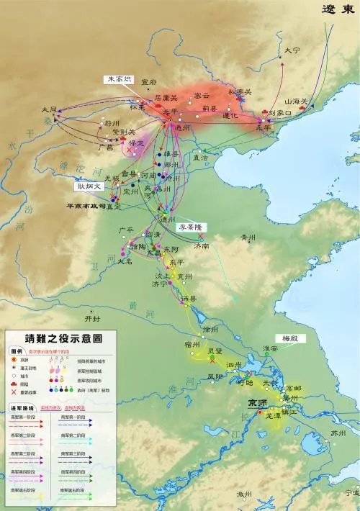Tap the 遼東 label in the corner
338,9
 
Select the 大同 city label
49,110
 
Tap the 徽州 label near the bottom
246,494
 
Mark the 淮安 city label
271,348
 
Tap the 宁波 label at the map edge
351,493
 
